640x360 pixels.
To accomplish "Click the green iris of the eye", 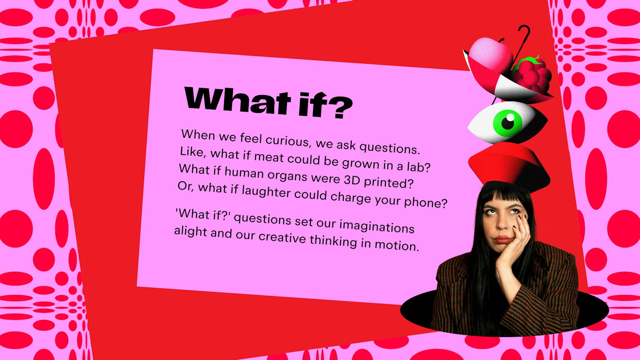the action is pos(508,123).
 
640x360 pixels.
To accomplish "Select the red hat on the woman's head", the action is pos(509,167).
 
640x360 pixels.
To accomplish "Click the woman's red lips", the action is pos(502,240).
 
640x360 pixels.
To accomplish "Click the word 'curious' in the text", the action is pos(287,140).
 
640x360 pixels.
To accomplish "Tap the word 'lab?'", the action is pos(418,167).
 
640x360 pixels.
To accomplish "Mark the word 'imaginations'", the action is pos(377,227).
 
